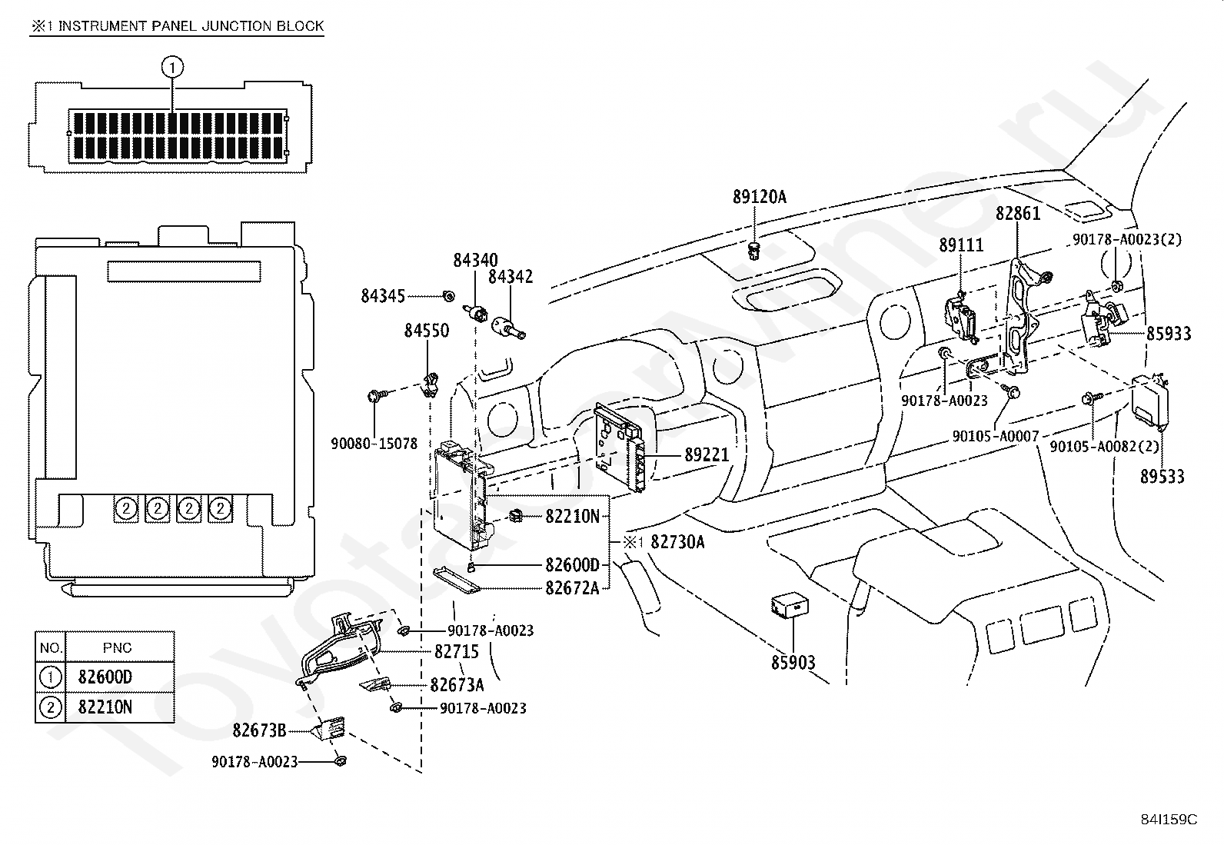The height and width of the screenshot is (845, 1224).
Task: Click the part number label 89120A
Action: coord(759,197)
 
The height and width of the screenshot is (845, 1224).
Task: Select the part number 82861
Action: coord(1017,213)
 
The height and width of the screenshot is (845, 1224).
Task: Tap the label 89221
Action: coord(707,454)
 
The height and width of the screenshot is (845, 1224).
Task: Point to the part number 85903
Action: coord(793,662)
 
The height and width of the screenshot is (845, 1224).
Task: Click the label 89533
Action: coord(1162,476)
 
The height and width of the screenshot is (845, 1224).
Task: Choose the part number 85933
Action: coord(1169,333)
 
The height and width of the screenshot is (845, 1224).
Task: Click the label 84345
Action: coord(383,296)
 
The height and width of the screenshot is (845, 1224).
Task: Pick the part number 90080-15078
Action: coord(374,443)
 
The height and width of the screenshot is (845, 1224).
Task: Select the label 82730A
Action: coord(677,541)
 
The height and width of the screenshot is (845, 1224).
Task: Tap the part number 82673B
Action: coord(259,730)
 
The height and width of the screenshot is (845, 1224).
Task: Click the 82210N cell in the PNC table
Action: coord(105,707)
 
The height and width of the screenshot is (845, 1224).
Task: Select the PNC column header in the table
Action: coord(117,647)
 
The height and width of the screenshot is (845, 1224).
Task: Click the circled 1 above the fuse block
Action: coord(173,67)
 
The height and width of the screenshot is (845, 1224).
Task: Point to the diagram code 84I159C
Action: coord(1169,820)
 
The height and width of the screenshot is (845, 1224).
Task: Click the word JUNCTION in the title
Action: coord(229,25)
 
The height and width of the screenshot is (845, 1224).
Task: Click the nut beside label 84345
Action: coord(448,296)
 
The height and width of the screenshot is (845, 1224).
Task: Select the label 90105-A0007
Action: coord(996,436)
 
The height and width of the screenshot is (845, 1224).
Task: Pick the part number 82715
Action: coord(456,651)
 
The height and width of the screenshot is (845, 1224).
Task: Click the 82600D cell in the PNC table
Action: coord(105,677)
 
